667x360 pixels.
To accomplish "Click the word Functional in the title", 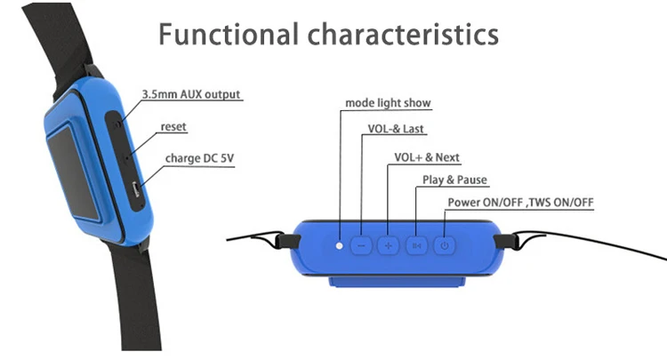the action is (229, 34).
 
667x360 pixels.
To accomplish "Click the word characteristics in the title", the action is (403, 34).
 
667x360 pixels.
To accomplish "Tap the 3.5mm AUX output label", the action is (191, 94).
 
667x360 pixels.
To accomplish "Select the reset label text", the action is (173, 126).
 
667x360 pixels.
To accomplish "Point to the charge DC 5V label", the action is (199, 158).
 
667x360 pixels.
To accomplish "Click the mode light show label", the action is (388, 103).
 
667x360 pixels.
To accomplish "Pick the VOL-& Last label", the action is (396, 129).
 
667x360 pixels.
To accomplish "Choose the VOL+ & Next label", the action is (427, 157).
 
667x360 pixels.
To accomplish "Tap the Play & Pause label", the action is (454, 180).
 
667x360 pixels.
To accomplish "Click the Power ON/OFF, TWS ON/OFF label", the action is (520, 203).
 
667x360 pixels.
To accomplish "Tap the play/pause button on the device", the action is (416, 245).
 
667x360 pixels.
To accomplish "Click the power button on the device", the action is (445, 245).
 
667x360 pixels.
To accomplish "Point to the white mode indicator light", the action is (339, 245).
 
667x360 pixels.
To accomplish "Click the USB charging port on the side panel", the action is (136, 188).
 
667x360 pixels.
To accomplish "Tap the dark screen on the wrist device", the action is (72, 172).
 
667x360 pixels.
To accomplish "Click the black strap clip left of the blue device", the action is (288, 242).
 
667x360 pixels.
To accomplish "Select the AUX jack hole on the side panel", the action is (117, 124).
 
